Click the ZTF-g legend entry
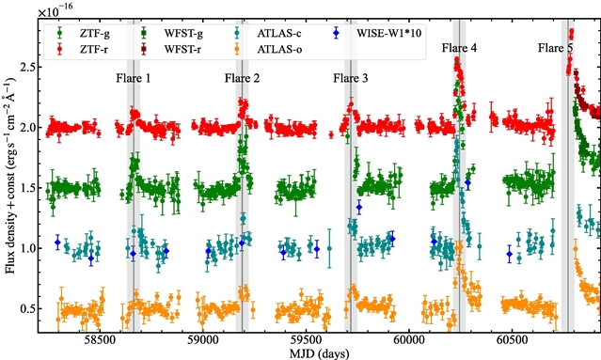(84, 33)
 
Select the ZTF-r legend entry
(83, 49)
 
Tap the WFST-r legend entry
(171, 49)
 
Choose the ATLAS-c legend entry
(267, 33)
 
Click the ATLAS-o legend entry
(267, 49)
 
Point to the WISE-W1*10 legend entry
(377, 33)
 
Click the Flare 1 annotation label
(134, 79)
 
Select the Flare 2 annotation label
(242, 79)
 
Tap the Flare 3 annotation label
(350, 79)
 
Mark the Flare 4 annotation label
(459, 48)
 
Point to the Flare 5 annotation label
(556, 48)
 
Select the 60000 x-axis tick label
(408, 340)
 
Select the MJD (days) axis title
(319, 353)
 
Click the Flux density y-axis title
(9, 176)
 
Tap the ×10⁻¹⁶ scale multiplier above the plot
(55, 10)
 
